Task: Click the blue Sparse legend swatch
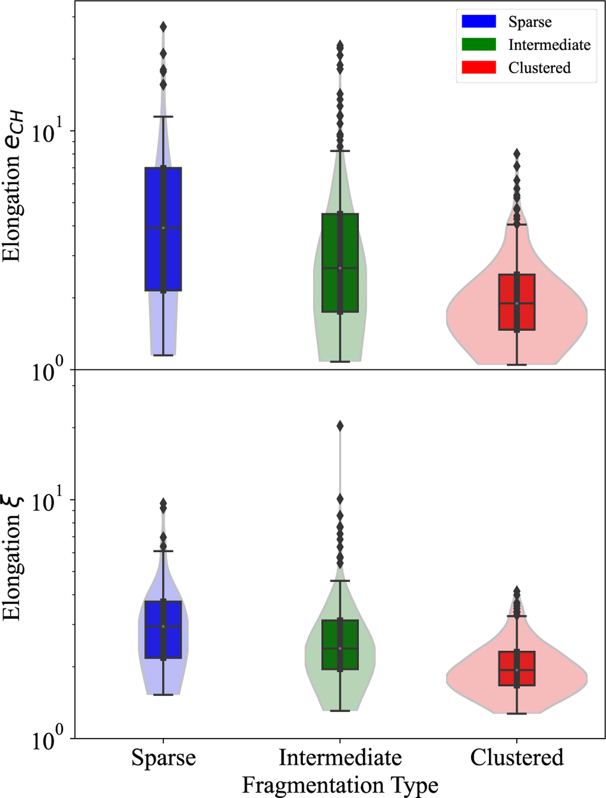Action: pyautogui.click(x=478, y=21)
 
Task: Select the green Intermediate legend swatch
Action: pyautogui.click(x=478, y=44)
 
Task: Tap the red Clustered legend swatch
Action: pyautogui.click(x=478, y=67)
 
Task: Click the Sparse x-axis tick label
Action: pyautogui.click(x=163, y=758)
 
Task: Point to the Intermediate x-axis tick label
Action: pyautogui.click(x=340, y=758)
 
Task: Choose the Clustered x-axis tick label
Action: pyautogui.click(x=517, y=758)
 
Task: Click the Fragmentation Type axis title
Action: pyautogui.click(x=340, y=785)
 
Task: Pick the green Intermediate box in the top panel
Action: pyautogui.click(x=331, y=262)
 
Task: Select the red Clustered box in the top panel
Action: pyautogui.click(x=508, y=302)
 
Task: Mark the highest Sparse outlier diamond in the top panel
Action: pyautogui.click(x=163, y=27)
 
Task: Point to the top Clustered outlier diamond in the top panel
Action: pyautogui.click(x=517, y=153)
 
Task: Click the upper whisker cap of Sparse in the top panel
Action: pyautogui.click(x=163, y=117)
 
